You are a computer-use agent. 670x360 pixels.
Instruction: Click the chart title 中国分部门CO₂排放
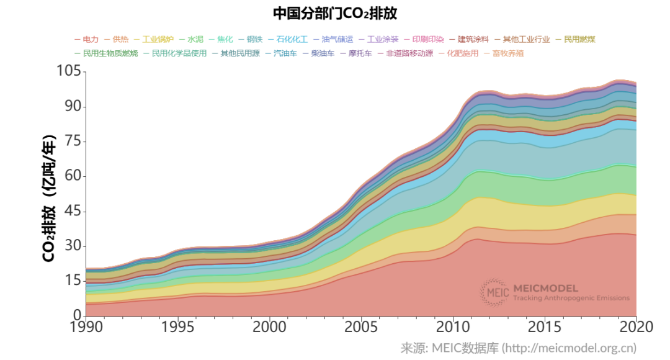click(334, 13)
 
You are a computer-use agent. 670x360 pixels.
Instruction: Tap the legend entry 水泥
click(195, 39)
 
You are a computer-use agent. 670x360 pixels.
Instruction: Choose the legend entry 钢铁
click(254, 39)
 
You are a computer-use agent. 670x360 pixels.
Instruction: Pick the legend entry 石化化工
click(292, 39)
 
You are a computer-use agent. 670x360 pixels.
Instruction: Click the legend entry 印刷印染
click(427, 39)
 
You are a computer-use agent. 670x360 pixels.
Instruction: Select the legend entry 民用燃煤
click(579, 39)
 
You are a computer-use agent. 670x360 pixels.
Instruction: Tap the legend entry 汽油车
click(285, 53)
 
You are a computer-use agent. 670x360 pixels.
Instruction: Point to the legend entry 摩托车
click(360, 53)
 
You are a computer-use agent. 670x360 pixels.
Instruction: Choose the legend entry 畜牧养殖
click(507, 53)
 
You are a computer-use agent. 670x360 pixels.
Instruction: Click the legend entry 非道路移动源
click(409, 53)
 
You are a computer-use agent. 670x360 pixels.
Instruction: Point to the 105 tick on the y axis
click(69, 71)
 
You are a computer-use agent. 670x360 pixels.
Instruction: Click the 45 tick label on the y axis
click(73, 211)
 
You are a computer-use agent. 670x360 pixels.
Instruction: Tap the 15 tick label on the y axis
click(73, 281)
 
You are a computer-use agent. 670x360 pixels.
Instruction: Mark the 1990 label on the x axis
click(86, 326)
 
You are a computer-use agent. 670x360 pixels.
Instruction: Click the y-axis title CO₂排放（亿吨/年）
click(50, 197)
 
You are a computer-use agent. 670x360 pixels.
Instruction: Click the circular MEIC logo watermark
click(494, 292)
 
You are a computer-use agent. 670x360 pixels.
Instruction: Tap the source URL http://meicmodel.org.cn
click(569, 348)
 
